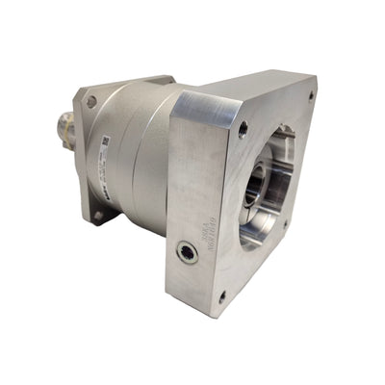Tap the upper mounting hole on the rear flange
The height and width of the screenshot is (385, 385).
pyautogui.click(x=91, y=101)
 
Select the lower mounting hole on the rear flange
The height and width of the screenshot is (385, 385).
pyautogui.click(x=97, y=216)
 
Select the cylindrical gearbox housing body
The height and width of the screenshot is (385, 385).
pyautogui.click(x=140, y=154)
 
